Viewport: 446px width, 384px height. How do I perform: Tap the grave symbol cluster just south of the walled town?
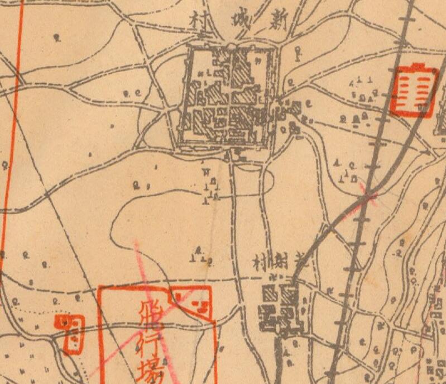point(211,187)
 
